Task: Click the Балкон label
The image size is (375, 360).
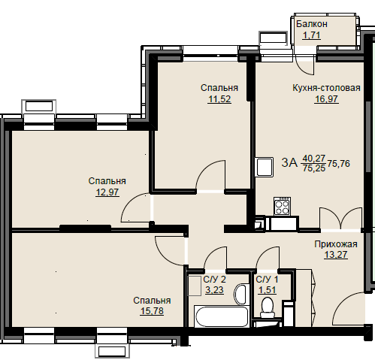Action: (x=312, y=24)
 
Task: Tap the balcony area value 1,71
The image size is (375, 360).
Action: (x=312, y=35)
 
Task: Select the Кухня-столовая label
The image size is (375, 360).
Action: (x=326, y=88)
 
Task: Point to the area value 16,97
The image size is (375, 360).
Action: (x=326, y=99)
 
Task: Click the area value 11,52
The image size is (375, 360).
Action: (x=219, y=99)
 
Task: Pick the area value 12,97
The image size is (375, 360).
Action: (x=107, y=192)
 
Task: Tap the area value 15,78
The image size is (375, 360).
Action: (x=152, y=311)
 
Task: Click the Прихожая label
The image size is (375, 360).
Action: (x=336, y=244)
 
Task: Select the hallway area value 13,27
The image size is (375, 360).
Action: (x=336, y=255)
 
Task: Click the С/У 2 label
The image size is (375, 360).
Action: (x=214, y=280)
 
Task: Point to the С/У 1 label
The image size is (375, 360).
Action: (x=267, y=280)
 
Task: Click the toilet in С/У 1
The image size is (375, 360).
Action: (x=268, y=307)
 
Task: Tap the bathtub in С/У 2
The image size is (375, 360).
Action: (x=222, y=316)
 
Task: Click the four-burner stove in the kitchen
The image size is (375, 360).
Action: (x=283, y=206)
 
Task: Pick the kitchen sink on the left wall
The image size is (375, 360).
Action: (x=265, y=167)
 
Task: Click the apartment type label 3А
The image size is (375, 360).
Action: (x=289, y=163)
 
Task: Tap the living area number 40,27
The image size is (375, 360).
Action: (x=314, y=158)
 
